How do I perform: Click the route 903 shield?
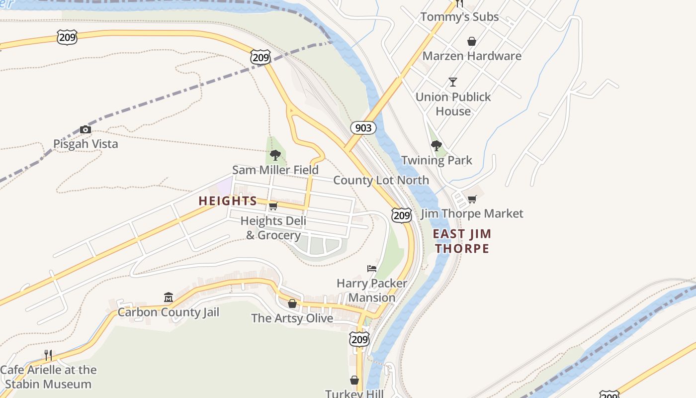[363, 128]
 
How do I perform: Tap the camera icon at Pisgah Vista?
[86, 129]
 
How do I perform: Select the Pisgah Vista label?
[86, 144]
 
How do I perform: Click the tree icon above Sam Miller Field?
[275, 155]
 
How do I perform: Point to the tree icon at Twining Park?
[436, 146]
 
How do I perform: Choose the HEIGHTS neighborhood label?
[228, 201]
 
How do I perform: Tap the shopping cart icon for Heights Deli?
[273, 206]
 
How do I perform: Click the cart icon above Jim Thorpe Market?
[472, 199]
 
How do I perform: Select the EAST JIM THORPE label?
[462, 241]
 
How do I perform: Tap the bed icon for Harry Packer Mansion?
[371, 269]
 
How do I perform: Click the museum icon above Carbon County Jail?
[168, 298]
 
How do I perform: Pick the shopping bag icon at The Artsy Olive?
[292, 303]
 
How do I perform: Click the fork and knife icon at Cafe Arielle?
[48, 355]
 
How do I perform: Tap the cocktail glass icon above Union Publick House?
[452, 82]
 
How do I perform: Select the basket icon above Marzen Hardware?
[471, 41]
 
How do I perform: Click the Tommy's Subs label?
[459, 17]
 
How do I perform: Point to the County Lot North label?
[381, 180]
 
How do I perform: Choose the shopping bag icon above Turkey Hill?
[354, 380]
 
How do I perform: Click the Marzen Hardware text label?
[472, 56]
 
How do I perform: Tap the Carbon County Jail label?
[168, 312]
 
